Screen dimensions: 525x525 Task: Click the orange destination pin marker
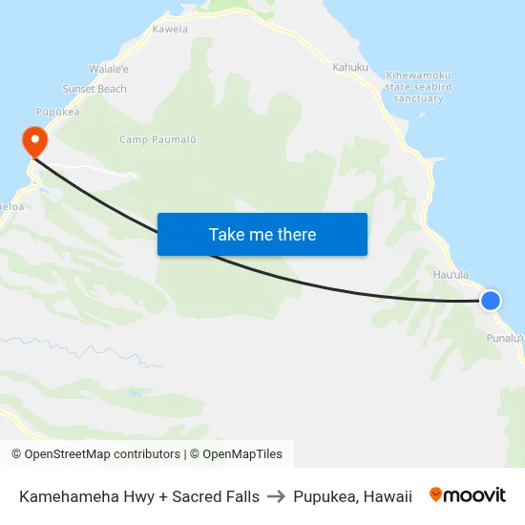click(x=35, y=141)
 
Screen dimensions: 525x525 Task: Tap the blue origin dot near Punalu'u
click(x=490, y=301)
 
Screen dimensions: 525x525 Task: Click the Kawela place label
click(x=170, y=30)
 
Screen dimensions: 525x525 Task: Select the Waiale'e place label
click(x=109, y=70)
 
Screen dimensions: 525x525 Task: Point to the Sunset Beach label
click(x=94, y=89)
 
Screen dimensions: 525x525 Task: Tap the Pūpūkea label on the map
click(x=55, y=112)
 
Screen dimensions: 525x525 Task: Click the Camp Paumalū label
click(x=157, y=140)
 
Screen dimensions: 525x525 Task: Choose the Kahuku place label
click(x=350, y=67)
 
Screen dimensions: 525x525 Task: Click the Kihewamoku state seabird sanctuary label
click(x=418, y=86)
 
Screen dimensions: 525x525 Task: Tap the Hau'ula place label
click(x=451, y=275)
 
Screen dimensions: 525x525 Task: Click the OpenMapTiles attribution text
click(x=242, y=454)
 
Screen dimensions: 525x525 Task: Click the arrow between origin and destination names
click(x=277, y=496)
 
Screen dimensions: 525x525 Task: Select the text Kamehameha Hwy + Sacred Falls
click(x=139, y=496)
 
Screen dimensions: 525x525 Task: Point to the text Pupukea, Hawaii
click(x=353, y=496)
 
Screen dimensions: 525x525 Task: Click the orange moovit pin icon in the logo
click(x=436, y=494)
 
